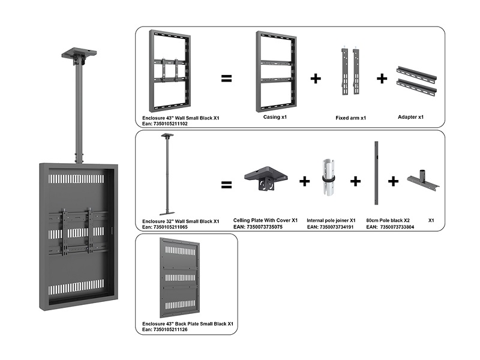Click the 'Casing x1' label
click(275, 118)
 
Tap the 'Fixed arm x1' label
click(351, 118)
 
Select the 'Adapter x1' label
click(411, 117)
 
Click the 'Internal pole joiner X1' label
click(331, 220)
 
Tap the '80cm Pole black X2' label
click(388, 220)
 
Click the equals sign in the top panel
click(226, 78)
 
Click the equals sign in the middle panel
click(226, 184)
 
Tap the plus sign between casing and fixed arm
click(315, 79)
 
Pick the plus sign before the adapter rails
click(382, 78)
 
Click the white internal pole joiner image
click(329, 178)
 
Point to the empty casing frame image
click(275, 71)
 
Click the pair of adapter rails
click(416, 81)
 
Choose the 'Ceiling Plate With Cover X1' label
click(265, 220)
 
